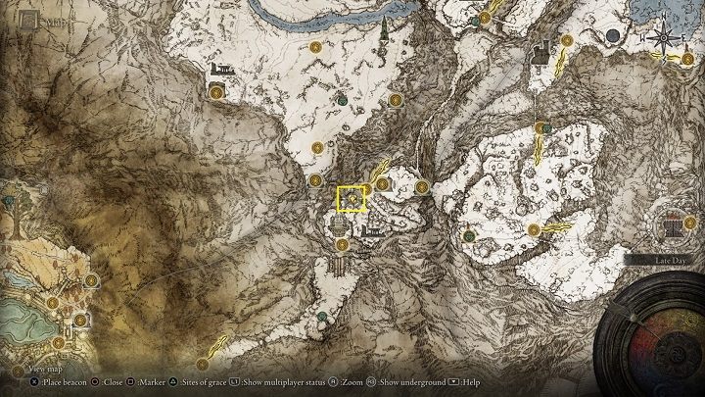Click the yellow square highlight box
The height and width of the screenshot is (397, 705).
click(351, 199)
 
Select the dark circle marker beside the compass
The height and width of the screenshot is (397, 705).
click(614, 36)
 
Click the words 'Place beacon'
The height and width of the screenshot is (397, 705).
click(62, 380)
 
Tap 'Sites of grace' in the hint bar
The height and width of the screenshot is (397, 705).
click(207, 380)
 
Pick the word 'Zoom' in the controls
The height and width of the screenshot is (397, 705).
click(352, 380)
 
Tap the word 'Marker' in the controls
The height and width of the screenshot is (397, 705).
click(153, 380)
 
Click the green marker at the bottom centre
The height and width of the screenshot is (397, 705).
click(322, 316)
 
